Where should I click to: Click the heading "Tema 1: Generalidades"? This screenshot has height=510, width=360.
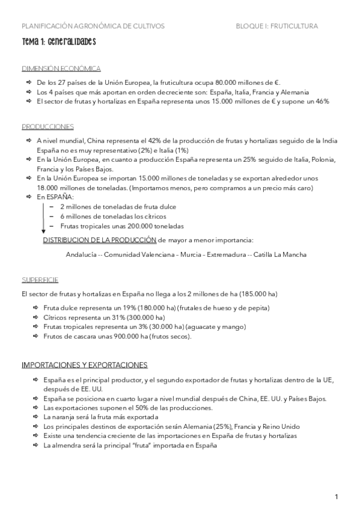pyautogui.click(x=58, y=43)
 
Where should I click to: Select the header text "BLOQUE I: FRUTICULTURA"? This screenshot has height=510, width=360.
pyautogui.click(x=276, y=26)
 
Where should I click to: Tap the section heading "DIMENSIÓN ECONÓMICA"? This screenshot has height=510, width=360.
pyautogui.click(x=61, y=69)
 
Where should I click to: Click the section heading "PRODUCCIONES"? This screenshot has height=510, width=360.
pyautogui.click(x=47, y=126)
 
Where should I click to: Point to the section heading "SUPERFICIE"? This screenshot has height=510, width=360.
pyautogui.click(x=40, y=280)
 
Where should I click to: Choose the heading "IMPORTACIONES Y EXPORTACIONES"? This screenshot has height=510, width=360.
pyautogui.click(x=84, y=365)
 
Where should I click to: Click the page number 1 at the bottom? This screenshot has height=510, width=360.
pyautogui.click(x=337, y=496)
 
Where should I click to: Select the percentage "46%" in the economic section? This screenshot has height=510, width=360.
pyautogui.click(x=320, y=102)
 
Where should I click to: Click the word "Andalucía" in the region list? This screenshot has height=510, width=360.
pyautogui.click(x=82, y=254)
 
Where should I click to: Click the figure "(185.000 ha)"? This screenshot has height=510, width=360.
pyautogui.click(x=257, y=293)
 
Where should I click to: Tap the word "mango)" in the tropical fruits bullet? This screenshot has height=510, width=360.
pyautogui.click(x=234, y=327)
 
